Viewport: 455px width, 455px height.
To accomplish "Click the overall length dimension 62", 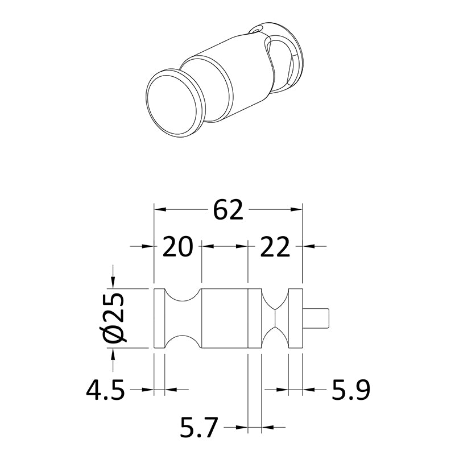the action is point(228,209).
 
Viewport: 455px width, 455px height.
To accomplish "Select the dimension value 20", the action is point(177,247).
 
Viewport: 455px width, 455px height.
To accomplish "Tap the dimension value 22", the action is point(275,247).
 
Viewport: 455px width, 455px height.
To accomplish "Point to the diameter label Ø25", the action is point(113,318).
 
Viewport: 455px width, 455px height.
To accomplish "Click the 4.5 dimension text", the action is point(106,390).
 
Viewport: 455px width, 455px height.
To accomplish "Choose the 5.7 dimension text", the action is point(198,427).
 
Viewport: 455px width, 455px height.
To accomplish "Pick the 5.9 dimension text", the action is point(351,390).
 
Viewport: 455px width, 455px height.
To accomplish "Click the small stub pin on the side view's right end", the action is point(316,318).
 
